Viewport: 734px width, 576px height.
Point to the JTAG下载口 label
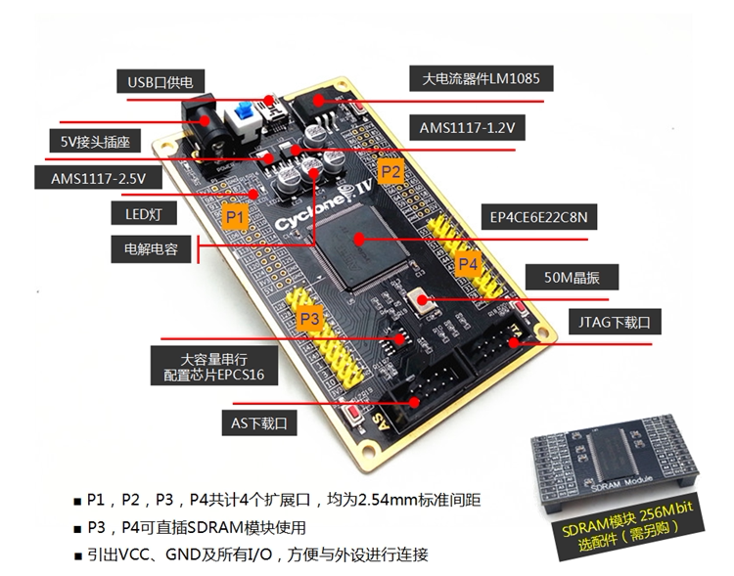(610, 320)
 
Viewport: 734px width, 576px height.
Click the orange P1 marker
(235, 214)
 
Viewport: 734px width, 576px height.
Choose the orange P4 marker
(468, 264)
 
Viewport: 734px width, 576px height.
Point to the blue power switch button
(243, 125)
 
